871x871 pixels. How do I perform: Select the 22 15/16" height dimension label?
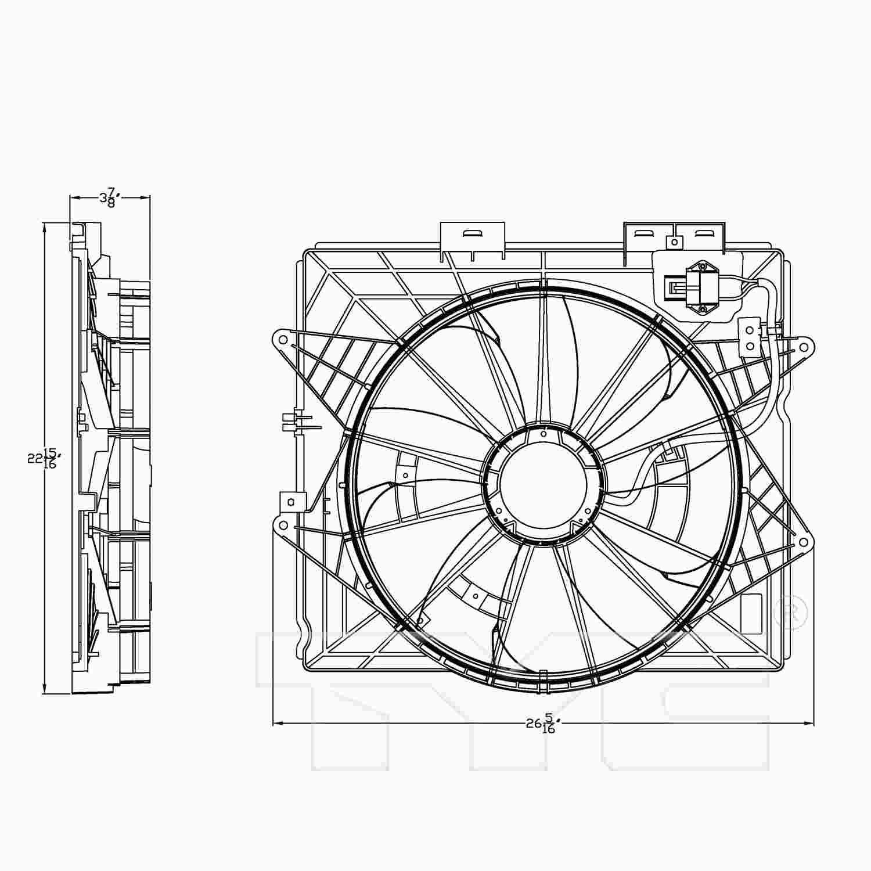(x=44, y=459)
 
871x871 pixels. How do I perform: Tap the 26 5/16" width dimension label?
(x=543, y=724)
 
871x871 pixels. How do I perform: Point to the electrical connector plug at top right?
(x=703, y=288)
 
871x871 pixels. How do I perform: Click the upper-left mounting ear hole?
(x=282, y=339)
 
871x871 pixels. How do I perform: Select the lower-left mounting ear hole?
(x=282, y=526)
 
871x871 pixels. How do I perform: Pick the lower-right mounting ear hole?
(x=803, y=542)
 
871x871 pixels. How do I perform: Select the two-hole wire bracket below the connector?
(x=750, y=337)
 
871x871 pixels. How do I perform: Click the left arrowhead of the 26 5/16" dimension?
(x=278, y=724)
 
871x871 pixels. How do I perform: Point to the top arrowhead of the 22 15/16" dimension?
(x=44, y=228)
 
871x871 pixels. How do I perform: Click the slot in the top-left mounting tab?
(x=473, y=233)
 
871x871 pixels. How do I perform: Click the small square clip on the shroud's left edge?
(x=291, y=501)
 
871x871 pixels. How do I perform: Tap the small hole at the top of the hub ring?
(x=543, y=433)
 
